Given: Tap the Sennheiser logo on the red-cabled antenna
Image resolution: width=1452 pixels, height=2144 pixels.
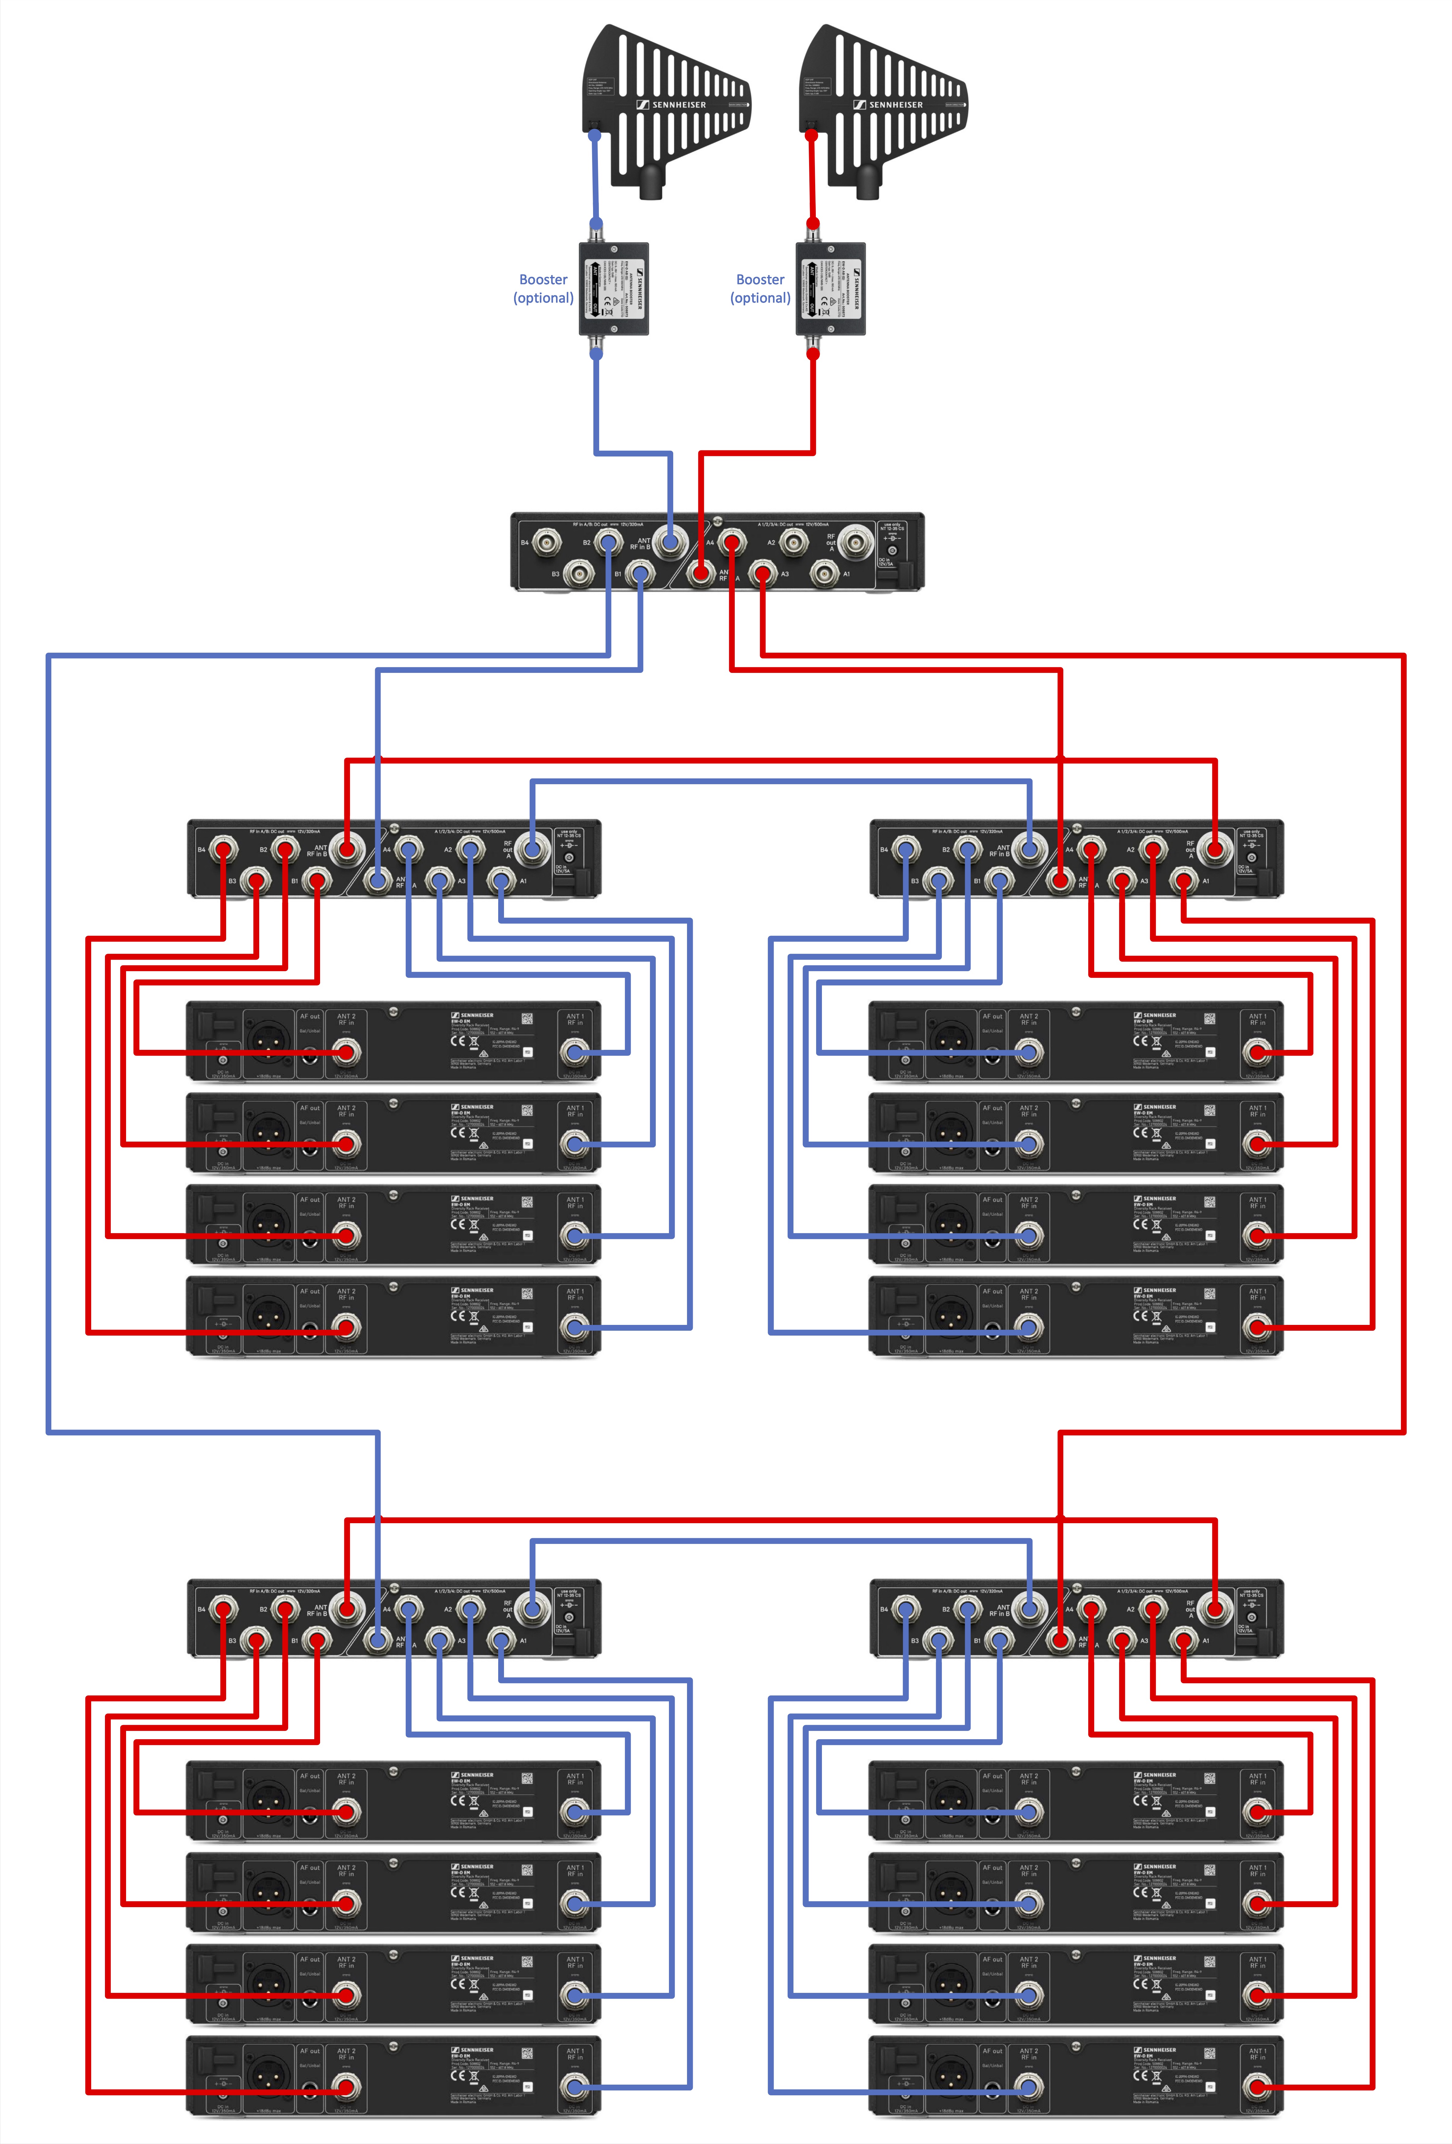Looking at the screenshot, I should [887, 104].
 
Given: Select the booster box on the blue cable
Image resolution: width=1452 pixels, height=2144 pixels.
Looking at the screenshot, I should [614, 289].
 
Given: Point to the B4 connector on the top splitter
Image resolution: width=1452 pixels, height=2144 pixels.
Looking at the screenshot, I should [547, 543].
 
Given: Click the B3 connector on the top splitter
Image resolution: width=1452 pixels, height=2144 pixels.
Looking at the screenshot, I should [579, 574].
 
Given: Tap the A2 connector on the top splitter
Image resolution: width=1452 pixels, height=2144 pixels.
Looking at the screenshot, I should [793, 543].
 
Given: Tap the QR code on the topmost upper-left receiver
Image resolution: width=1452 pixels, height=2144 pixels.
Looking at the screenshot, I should [527, 1019].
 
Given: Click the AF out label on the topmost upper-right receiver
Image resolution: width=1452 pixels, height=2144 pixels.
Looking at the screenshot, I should [992, 1016].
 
